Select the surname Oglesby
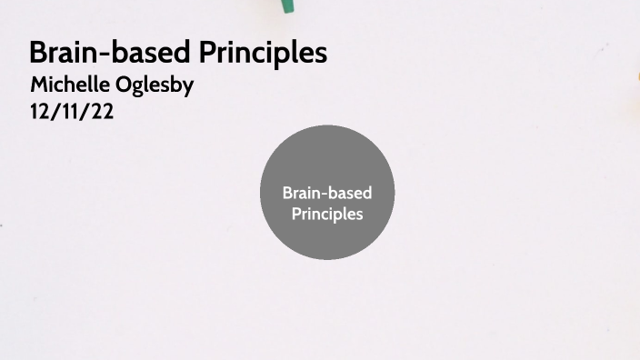click(155, 86)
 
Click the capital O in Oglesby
click(123, 85)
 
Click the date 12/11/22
click(72, 115)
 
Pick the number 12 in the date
click(41, 115)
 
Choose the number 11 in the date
click(72, 115)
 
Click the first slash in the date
click(55, 115)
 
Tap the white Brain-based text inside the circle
click(327, 193)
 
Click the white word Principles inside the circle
click(327, 215)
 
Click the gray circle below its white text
click(327, 240)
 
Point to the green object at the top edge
click(287, 5)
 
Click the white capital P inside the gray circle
click(295, 215)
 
